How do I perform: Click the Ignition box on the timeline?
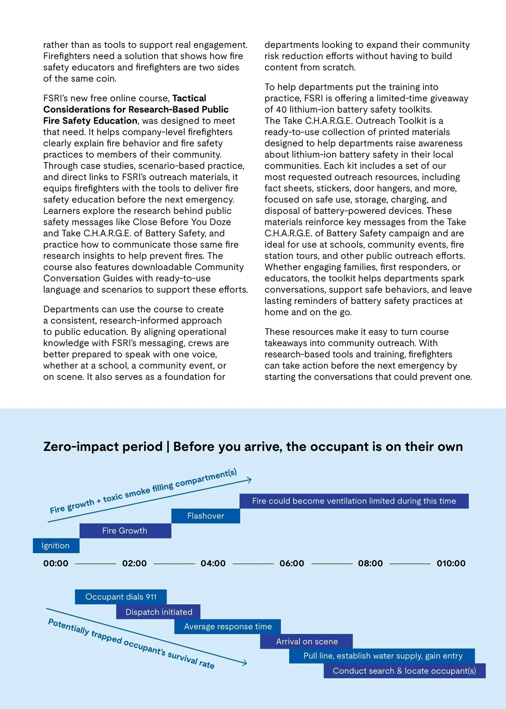(x=56, y=546)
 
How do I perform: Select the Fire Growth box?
(x=125, y=531)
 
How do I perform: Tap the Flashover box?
(x=206, y=516)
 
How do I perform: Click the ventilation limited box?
(x=354, y=501)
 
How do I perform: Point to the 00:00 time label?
(x=56, y=563)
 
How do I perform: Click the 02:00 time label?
(x=135, y=563)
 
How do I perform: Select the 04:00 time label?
(x=213, y=563)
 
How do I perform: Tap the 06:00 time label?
(x=292, y=563)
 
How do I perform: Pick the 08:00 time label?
(x=370, y=563)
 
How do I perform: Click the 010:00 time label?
(x=451, y=563)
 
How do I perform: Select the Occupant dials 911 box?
(x=121, y=597)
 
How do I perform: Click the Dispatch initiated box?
(x=159, y=612)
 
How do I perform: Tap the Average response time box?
(x=228, y=627)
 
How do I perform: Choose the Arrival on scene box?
(x=307, y=641)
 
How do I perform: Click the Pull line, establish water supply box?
(x=382, y=656)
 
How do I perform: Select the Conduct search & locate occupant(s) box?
(x=404, y=671)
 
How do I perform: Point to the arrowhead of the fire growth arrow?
(x=250, y=480)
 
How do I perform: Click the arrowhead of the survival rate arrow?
(x=245, y=663)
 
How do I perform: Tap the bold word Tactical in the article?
(x=189, y=98)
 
